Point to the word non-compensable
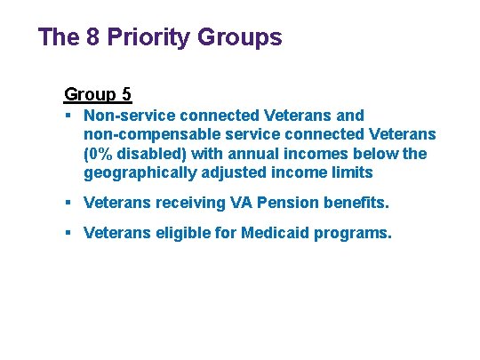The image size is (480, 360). click(148, 134)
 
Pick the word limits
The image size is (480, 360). click(345, 172)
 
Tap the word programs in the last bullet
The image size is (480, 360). click(360, 234)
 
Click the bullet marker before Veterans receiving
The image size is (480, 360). click(68, 203)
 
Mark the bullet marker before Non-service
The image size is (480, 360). click(68, 116)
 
